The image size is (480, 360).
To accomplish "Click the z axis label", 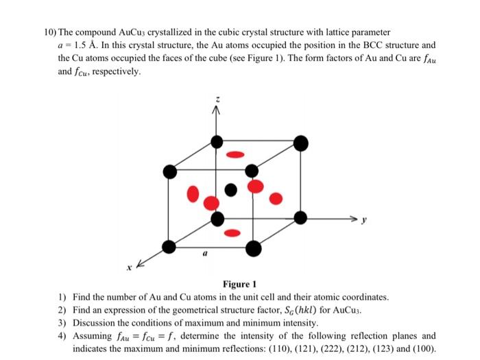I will (217, 101).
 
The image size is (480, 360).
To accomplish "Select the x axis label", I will (128, 266).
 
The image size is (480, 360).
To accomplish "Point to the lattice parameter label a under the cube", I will (204, 253).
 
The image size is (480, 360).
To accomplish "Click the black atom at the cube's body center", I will (231, 187).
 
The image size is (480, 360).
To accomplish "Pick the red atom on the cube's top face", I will (235, 154).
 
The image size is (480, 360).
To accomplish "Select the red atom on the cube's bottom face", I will (232, 233).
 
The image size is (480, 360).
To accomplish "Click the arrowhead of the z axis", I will (217, 113).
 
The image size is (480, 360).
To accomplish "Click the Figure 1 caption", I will (239, 285).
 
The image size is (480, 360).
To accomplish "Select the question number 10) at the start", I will (46, 32).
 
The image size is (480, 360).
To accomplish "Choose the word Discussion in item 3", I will (95, 322).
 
